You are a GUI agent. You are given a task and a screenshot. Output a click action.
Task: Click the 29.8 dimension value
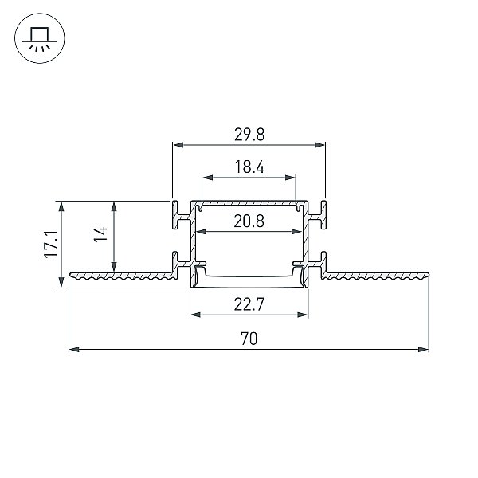(249, 135)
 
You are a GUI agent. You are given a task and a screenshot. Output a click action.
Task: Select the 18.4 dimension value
(249, 167)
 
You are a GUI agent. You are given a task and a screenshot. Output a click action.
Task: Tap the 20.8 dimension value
(249, 221)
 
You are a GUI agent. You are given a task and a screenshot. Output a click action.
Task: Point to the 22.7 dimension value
(249, 304)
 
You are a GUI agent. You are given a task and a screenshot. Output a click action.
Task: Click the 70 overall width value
(249, 339)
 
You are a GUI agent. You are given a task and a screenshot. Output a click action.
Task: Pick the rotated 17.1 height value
(51, 245)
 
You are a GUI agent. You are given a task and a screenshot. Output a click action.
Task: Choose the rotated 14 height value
(100, 234)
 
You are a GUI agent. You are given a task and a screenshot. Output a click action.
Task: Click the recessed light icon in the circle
(40, 38)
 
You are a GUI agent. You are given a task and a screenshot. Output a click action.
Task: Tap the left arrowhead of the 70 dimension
(74, 349)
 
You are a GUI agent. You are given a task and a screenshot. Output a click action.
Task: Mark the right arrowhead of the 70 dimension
(424, 349)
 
